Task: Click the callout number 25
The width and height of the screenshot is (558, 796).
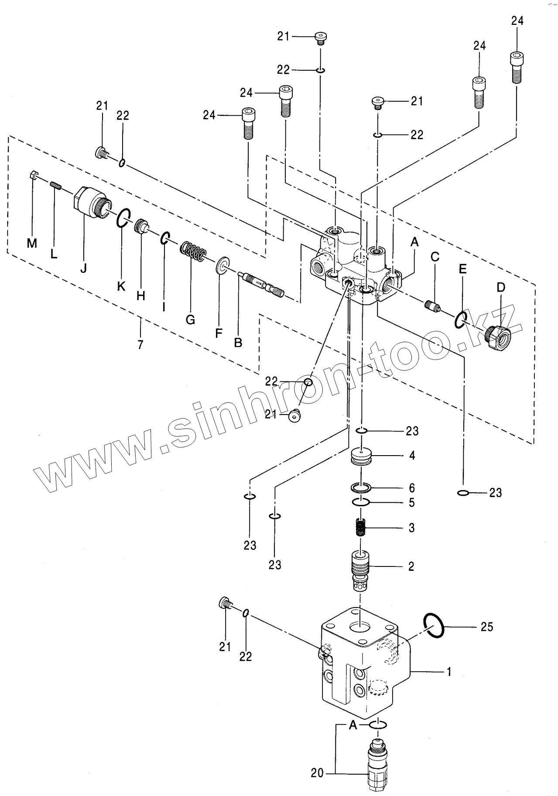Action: coord(486,627)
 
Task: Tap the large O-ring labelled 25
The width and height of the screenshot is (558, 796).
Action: coord(434,624)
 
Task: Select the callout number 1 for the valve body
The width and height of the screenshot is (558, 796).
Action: coord(449,672)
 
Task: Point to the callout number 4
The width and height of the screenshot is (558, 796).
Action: coord(412,455)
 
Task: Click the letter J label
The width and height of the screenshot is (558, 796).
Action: coord(83,268)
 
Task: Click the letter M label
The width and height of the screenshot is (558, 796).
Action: coord(31,244)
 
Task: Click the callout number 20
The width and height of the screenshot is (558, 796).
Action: coord(317,773)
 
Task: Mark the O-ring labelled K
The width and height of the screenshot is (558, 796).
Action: coord(123,218)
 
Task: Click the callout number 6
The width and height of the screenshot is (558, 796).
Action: coord(412,487)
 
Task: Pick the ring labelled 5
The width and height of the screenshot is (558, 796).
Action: coord(361,502)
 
